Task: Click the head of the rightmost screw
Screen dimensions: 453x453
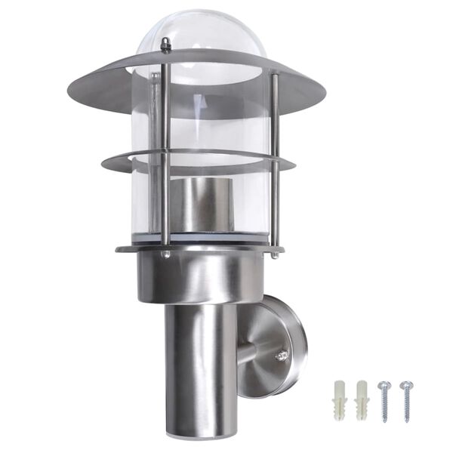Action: point(406,384)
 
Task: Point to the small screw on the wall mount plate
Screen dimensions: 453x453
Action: point(282,353)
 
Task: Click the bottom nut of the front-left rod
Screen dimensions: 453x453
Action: point(165,255)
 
